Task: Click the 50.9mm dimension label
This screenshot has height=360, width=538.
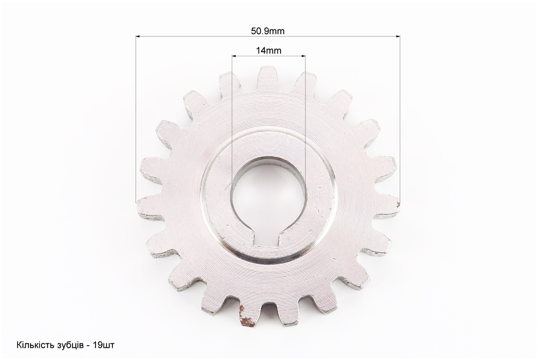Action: point(268,31)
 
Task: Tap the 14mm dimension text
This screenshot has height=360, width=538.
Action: point(268,51)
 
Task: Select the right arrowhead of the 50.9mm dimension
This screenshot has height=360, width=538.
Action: point(398,36)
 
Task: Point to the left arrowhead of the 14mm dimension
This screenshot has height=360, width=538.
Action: point(234,55)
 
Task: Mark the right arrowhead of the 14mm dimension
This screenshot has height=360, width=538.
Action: point(303,55)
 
